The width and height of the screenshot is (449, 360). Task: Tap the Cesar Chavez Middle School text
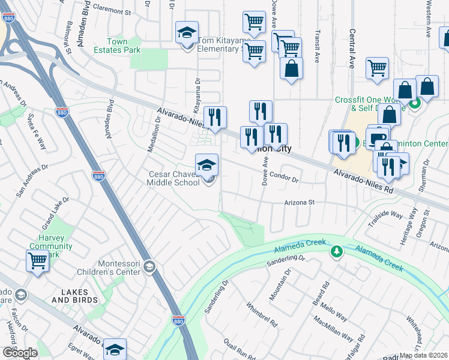[x=174, y=178]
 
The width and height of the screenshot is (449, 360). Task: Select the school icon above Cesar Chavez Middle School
[x=207, y=164]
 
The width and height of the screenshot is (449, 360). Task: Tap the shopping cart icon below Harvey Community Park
[x=37, y=261]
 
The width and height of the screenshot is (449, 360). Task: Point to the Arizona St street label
[x=300, y=203]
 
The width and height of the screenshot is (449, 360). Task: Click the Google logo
[x=19, y=353]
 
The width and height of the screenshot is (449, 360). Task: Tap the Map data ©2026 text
[x=424, y=355]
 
